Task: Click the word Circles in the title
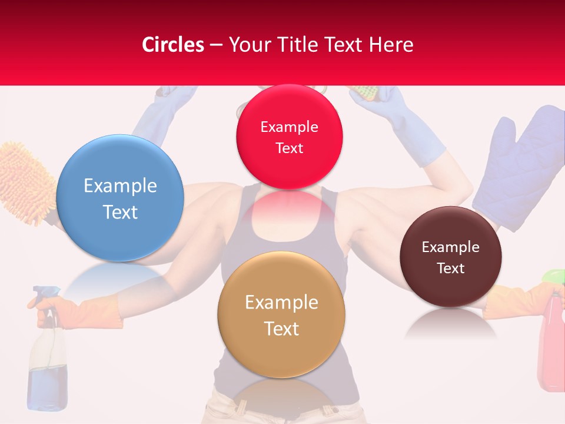173,45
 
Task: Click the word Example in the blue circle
120,186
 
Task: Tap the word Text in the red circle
289,148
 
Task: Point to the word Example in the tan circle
281,303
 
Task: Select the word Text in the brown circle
450,269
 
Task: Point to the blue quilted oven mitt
518,165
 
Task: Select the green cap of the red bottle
553,276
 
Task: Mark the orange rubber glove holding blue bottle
88,313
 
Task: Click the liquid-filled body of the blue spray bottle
46,377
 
